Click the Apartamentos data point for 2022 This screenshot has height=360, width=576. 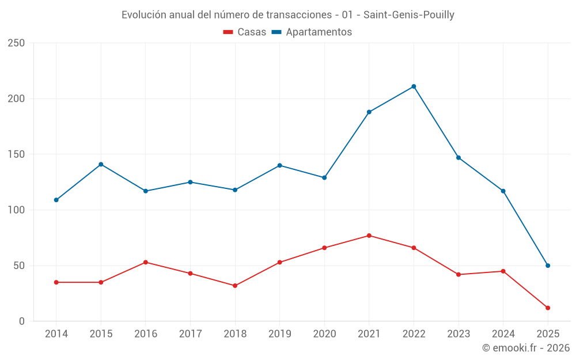click(414, 86)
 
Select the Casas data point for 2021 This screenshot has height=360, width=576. click(369, 236)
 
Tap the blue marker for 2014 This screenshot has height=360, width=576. click(56, 200)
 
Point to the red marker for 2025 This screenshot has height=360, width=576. click(548, 308)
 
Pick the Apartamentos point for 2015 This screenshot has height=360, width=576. click(101, 164)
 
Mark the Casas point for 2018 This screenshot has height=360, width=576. click(235, 286)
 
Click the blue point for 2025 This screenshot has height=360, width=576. click(548, 266)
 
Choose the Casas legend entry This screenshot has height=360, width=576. click(245, 32)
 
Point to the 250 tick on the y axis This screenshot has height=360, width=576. click(16, 43)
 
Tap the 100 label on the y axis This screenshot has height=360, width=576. click(16, 210)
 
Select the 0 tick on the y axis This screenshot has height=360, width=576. click(21, 321)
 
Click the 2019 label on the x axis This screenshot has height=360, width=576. click(279, 334)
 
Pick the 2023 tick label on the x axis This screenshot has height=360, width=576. click(458, 334)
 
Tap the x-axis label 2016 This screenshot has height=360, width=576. click(145, 334)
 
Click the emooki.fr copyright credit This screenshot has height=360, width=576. click(526, 348)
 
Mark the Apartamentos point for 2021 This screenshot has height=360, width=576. click(369, 112)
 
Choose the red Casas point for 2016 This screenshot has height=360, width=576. click(145, 262)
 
